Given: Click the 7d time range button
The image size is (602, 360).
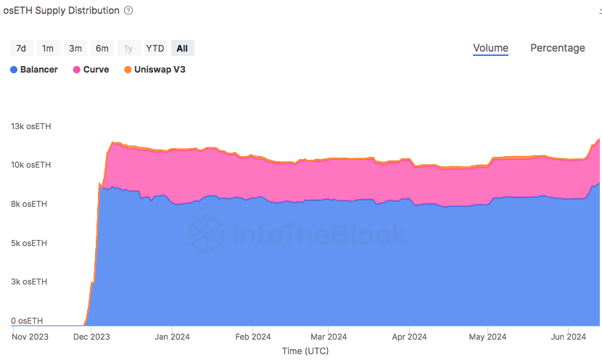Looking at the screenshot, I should pyautogui.click(x=21, y=48).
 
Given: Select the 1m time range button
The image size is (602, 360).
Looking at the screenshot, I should pyautogui.click(x=48, y=48).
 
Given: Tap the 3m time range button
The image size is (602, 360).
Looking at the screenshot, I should pyautogui.click(x=75, y=48).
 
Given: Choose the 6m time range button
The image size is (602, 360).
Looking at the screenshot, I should pyautogui.click(x=102, y=48).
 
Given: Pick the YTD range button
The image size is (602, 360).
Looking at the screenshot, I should pyautogui.click(x=155, y=48).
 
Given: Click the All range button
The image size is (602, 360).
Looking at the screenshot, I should pyautogui.click(x=182, y=48).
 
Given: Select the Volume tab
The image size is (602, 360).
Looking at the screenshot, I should pyautogui.click(x=490, y=48).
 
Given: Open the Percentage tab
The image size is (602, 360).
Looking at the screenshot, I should pyautogui.click(x=557, y=48).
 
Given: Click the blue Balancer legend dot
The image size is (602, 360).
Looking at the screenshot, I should pyautogui.click(x=14, y=70).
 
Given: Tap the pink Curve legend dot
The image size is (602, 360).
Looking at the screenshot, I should pyautogui.click(x=76, y=70).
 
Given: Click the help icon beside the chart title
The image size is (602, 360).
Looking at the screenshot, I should pyautogui.click(x=128, y=11).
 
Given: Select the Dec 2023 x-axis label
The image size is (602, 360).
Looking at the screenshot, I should pyautogui.click(x=91, y=337).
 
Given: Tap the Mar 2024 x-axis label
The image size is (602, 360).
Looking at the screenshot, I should pyautogui.click(x=329, y=337).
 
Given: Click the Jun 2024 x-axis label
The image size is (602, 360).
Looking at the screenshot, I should pyautogui.click(x=566, y=337).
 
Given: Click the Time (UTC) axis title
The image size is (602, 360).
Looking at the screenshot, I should pyautogui.click(x=305, y=351).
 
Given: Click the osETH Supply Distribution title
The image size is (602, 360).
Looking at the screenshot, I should pyautogui.click(x=61, y=11).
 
